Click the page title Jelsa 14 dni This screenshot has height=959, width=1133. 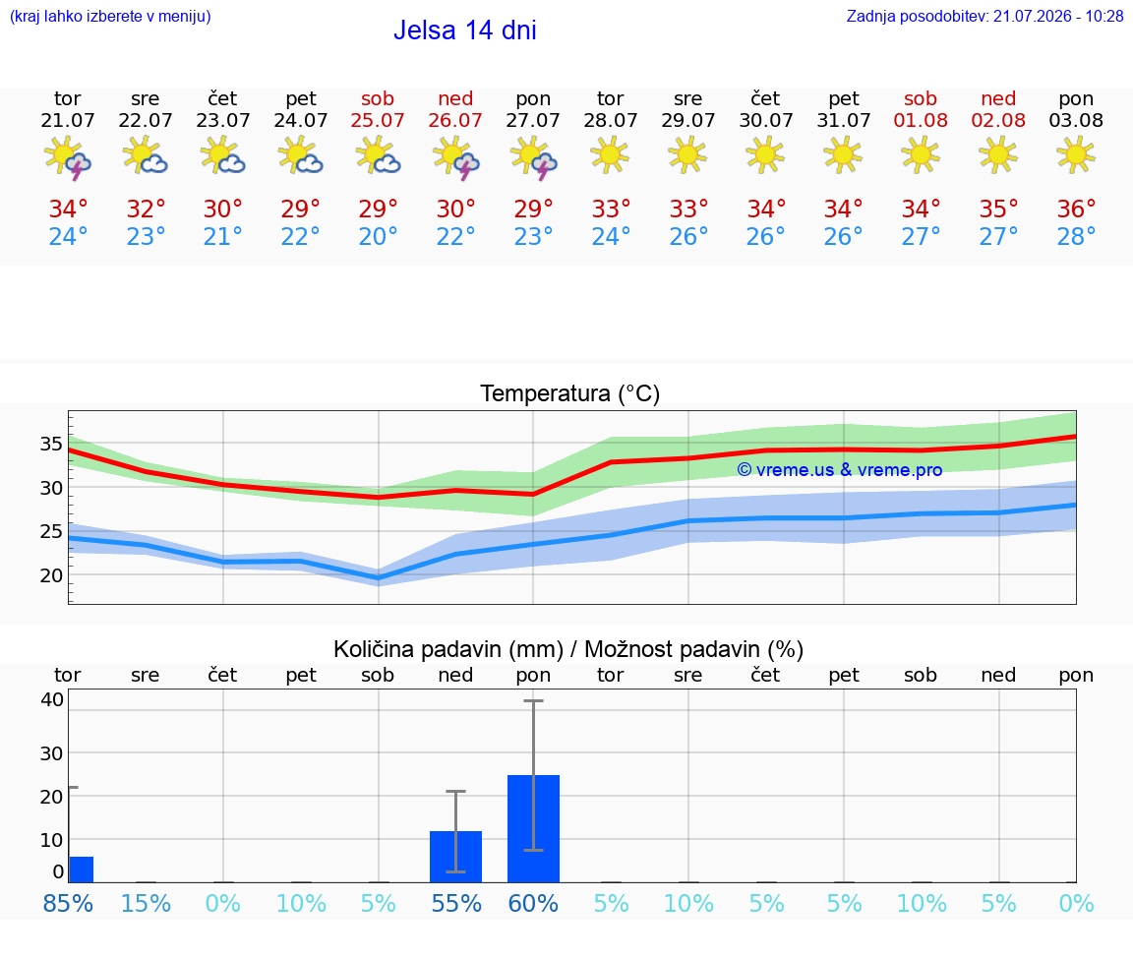point(464,30)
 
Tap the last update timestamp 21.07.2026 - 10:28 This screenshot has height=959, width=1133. point(1058,16)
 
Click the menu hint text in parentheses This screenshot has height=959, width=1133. point(110,16)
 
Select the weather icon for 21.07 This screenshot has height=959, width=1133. point(67,157)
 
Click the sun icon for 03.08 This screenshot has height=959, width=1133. point(1076,154)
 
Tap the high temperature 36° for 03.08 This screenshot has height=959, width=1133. point(1076,209)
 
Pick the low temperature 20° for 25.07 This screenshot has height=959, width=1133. point(378,236)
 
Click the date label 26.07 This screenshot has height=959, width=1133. point(455,120)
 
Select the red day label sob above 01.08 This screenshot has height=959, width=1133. point(921,98)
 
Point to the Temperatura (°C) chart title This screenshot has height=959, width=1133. point(570,393)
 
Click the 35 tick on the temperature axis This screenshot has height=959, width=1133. point(51,444)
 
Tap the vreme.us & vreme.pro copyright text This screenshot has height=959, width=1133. point(840,470)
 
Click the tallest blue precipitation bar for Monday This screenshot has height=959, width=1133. point(533,829)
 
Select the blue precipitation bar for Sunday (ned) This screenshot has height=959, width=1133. point(456,857)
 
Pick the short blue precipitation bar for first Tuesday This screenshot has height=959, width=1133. point(81,869)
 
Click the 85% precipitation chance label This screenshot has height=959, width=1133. point(68,903)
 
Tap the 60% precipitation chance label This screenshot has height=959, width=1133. point(533,903)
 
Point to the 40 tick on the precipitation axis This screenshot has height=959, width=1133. point(52,699)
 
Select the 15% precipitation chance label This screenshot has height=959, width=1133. point(146,903)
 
